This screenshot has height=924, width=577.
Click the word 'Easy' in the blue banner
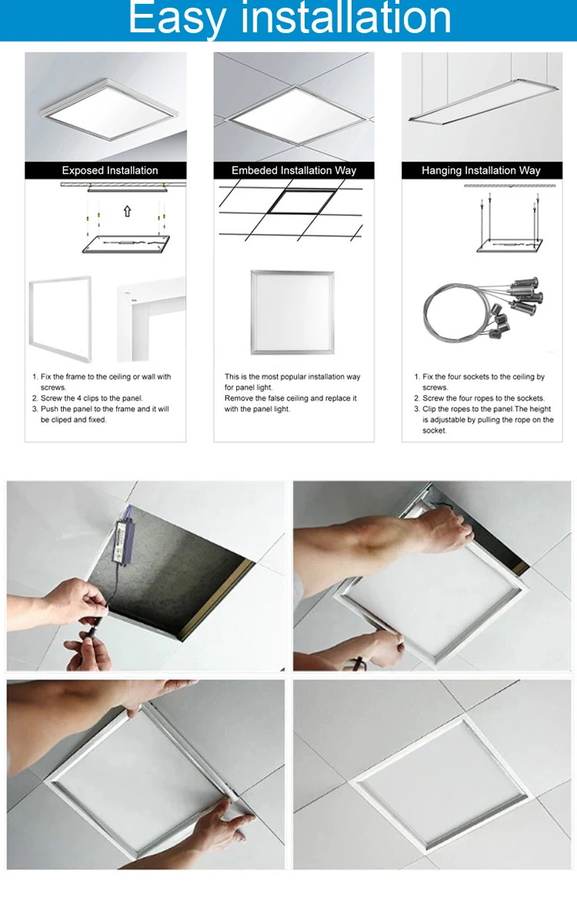coord(178,18)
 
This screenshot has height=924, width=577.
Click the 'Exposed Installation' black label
coord(105,170)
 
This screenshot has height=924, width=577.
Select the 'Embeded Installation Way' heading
coord(294,170)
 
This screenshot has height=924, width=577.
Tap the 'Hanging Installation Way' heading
coord(482,170)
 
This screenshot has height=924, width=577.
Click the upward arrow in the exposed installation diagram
coord(128,211)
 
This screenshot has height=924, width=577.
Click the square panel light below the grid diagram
coord(292,313)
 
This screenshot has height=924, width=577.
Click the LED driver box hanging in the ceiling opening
coord(122,541)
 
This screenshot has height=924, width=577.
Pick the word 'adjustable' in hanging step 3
coord(448,420)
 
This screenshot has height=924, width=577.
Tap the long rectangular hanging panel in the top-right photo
coord(484,102)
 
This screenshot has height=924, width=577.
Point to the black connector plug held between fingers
coord(95,631)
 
